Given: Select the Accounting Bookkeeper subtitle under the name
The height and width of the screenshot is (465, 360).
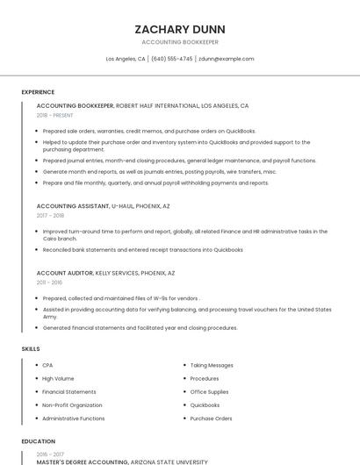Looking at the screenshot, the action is [180, 42].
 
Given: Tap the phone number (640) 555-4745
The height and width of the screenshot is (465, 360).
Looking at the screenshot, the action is [171, 59].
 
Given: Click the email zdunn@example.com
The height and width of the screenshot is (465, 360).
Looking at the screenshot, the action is [226, 59].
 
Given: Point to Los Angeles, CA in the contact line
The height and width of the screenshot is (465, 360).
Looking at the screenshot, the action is [126, 59].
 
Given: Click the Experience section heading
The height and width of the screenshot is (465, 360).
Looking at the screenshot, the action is [38, 92].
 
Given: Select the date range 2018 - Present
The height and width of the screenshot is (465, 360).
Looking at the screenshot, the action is [54, 115].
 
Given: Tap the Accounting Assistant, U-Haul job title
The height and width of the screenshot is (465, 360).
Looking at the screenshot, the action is [103, 205].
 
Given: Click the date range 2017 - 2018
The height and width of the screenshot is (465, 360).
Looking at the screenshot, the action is [50, 215].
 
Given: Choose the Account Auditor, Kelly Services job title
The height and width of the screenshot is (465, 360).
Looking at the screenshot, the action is [105, 273].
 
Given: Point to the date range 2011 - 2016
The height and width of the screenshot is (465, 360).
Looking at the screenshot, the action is [50, 283].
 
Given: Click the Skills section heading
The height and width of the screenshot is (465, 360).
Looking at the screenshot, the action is [31, 349].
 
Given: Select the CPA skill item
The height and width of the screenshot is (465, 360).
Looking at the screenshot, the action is [47, 365].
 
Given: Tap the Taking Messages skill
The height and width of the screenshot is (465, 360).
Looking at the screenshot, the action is [212, 365].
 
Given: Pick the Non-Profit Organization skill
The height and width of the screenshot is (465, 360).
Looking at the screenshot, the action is [72, 405].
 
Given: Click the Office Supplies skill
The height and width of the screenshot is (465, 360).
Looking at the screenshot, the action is [209, 392].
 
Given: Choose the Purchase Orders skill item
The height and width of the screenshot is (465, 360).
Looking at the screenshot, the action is [211, 418].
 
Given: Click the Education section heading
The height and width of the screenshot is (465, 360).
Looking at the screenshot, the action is [38, 441].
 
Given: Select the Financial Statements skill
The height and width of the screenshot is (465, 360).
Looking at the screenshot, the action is [69, 392].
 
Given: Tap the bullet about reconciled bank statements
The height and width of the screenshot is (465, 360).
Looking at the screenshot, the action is [142, 249].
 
